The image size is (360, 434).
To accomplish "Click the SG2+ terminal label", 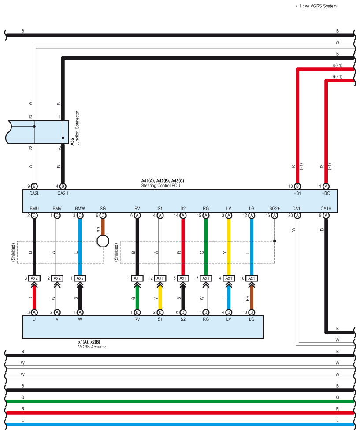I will point(275,208).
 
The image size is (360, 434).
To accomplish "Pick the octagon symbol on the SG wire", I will point(103,241).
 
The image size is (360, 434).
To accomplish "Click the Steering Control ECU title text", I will point(160,186).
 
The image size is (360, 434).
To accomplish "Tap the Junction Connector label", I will point(77,132).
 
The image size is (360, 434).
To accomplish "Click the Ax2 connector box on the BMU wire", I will point(34,278).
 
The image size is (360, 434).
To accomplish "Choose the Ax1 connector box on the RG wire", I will point(206,278).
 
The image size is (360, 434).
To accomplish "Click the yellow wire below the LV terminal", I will point(229,247).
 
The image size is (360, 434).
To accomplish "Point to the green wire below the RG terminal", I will point(206,247).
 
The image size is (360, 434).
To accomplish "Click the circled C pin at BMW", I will point(80,215).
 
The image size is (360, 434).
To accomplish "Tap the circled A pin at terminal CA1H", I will point(326,215).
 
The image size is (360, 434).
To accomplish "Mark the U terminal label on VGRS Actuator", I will point(34,319).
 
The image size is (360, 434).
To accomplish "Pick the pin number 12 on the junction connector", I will point(30,117).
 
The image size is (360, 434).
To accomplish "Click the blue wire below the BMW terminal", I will point(80,247).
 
